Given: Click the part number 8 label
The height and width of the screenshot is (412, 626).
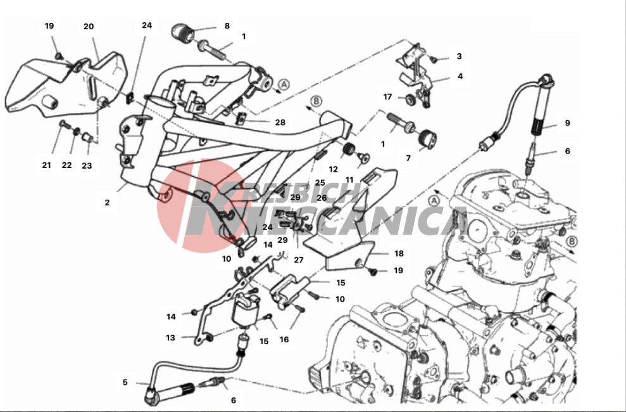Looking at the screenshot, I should [x=227, y=26].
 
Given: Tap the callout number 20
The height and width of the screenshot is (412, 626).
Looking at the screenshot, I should [x=89, y=26].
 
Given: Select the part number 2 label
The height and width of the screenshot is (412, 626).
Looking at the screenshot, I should [x=108, y=203].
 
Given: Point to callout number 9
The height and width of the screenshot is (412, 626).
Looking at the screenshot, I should [x=567, y=123].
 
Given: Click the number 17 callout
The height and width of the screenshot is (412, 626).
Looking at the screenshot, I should [x=388, y=97].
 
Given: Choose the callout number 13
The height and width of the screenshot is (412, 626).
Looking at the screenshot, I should [x=170, y=338].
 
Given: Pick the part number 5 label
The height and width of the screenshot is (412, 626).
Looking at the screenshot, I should [x=125, y=382].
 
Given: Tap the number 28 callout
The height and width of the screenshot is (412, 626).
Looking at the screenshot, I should [x=280, y=122].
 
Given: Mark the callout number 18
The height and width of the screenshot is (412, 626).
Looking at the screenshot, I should [x=399, y=254].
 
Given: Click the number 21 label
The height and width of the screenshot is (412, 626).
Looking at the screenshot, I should [x=46, y=165].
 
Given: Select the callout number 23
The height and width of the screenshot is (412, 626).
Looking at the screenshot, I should [x=87, y=165].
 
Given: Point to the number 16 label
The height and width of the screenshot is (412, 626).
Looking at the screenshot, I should [x=284, y=340].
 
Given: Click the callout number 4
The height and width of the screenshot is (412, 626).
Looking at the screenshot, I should [x=460, y=76].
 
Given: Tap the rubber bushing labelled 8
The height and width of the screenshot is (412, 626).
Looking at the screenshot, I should [x=184, y=30].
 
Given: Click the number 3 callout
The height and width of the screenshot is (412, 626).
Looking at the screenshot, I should [x=459, y=56].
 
